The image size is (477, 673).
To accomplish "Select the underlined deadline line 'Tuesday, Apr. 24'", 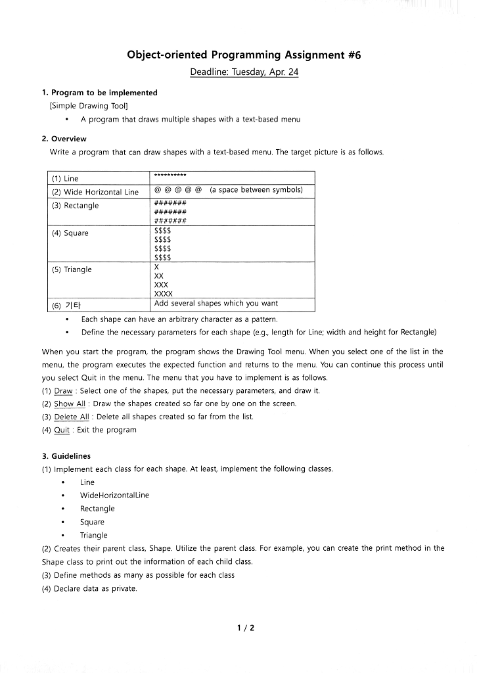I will pos(244,72).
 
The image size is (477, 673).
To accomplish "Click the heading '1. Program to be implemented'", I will pos(99,93).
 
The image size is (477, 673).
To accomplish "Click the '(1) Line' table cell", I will pos(65,179).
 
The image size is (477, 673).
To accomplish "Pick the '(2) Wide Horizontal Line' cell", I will pos(95,192).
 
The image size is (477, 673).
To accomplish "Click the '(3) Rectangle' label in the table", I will pos(75,206).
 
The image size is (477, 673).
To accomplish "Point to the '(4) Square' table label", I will pos(70,233).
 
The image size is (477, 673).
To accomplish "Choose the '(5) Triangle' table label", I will pos(72,269).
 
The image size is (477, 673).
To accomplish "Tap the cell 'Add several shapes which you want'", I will pos(216,304).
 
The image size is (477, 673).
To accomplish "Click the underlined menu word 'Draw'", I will pos(63,390).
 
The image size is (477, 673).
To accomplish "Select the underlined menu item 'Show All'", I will pos(70,404).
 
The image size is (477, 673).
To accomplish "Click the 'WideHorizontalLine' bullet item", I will pos(114,495).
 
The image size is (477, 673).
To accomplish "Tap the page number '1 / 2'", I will pos(245,628).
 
